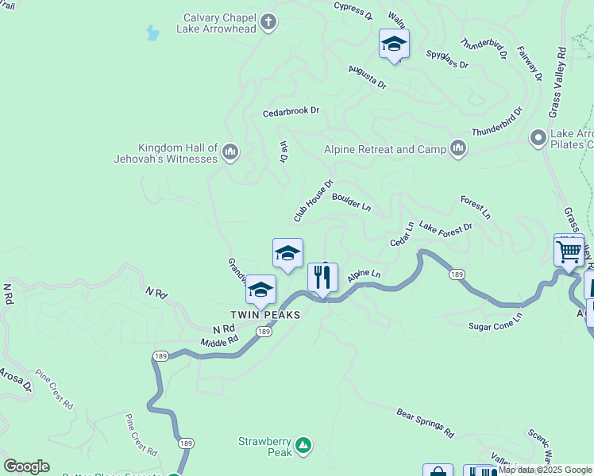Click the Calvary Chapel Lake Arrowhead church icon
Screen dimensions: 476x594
pos(268,22)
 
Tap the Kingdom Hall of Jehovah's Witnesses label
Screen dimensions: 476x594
pos(177,153)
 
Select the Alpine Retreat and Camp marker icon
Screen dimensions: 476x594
pos(458,148)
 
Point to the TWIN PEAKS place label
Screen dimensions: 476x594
pos(265,315)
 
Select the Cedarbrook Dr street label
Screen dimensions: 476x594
pos(291,113)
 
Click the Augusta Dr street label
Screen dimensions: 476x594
pos(367,78)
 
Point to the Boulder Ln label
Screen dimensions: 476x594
pos(352,202)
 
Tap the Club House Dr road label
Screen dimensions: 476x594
pos(314,200)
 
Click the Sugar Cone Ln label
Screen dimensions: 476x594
pos(495,321)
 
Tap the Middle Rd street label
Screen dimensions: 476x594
pos(219,342)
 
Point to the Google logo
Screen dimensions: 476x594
pos(26,466)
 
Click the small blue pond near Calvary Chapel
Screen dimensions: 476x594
pos(152,33)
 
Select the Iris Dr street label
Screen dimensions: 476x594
pos(283,152)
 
